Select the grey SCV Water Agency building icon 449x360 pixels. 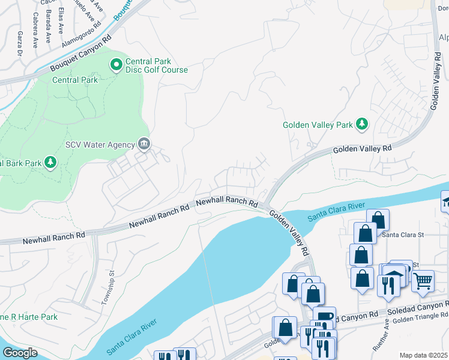point(144,143)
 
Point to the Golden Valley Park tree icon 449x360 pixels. point(362,124)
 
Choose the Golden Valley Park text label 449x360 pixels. point(318,125)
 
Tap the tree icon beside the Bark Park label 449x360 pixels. point(50,162)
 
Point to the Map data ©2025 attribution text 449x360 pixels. point(423,355)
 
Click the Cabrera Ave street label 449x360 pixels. point(35,29)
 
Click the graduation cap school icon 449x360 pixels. point(445,200)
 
